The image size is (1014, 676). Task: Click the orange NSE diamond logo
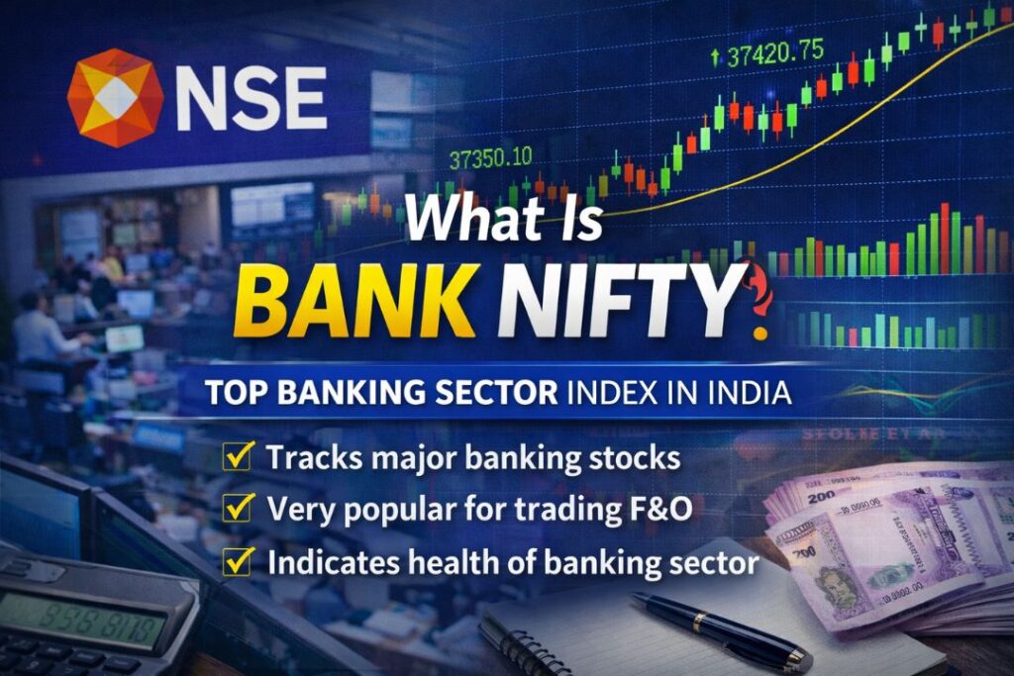click(115, 98)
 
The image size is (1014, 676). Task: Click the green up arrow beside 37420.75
click(716, 55)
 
